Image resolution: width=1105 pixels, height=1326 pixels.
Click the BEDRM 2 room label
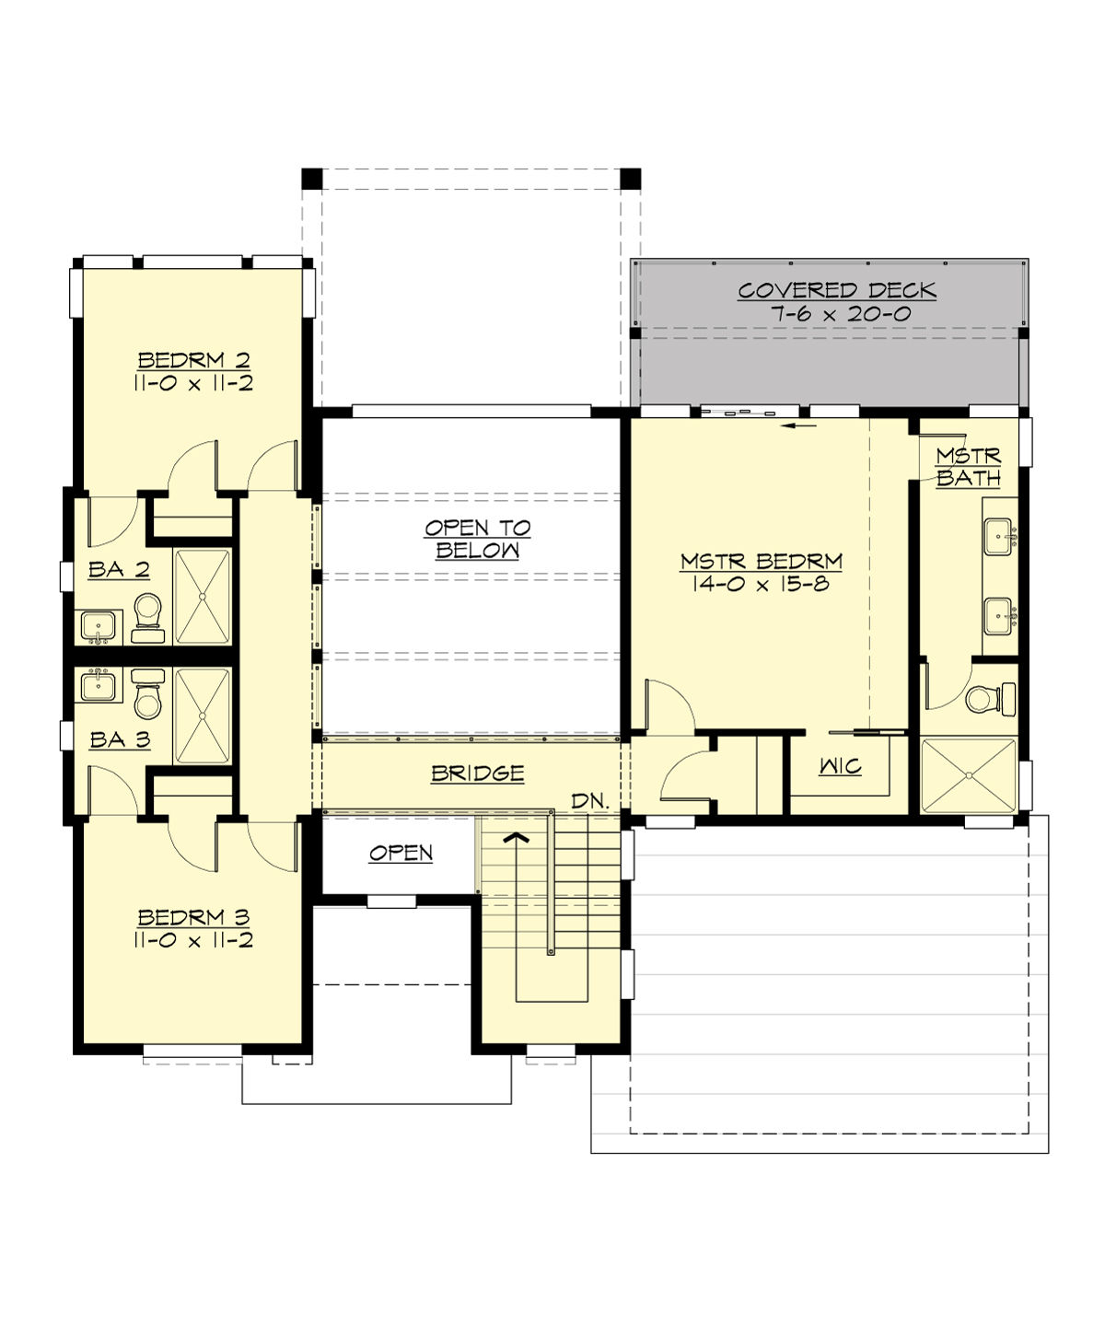193,360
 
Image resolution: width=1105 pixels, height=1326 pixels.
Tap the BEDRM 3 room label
193,917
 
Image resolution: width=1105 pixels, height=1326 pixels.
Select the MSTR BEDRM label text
762,561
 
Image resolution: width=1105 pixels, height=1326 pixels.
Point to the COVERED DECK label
836,290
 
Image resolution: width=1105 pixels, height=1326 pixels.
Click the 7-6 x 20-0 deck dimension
840,314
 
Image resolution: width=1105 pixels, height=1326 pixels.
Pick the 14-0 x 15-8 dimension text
762,584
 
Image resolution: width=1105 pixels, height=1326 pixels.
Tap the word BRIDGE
477,773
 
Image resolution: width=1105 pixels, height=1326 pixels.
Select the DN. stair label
590,801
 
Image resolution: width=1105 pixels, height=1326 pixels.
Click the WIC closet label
840,766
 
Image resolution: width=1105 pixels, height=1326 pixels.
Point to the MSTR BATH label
969,467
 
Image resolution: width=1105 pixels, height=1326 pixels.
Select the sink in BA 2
98,627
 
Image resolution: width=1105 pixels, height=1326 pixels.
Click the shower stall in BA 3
202,716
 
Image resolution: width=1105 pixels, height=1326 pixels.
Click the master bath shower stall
969,775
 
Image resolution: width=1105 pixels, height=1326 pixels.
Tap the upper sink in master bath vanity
998,535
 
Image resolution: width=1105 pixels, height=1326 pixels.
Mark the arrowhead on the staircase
518,838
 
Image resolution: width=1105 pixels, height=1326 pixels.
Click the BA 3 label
119,739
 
